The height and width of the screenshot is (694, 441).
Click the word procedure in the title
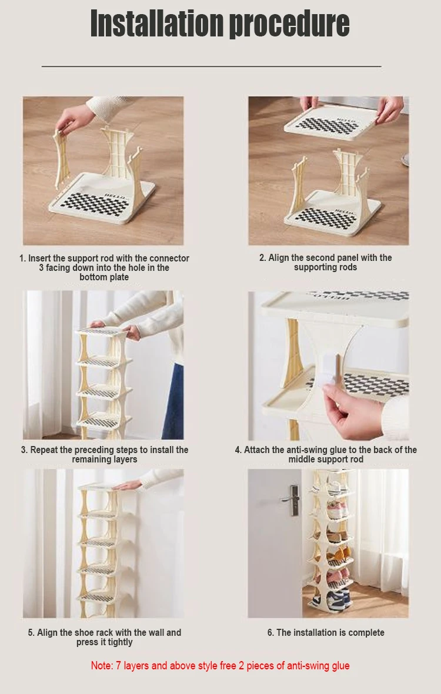[289, 24]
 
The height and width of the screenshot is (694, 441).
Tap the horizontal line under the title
[212, 66]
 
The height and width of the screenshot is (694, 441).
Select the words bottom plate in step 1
[104, 277]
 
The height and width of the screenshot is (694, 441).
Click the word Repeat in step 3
[44, 450]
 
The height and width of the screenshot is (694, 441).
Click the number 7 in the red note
[118, 666]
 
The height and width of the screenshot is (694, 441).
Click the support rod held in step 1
[61, 159]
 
